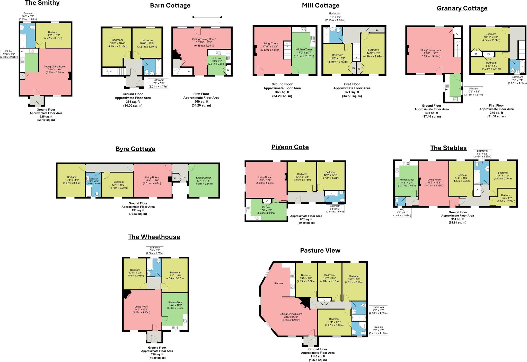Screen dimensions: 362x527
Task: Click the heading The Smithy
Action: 42,3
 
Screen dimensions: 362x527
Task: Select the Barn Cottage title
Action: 170,6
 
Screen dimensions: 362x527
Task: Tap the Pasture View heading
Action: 320,251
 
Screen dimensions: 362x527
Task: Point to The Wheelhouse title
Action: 154,237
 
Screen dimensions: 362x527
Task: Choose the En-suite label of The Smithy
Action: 28,16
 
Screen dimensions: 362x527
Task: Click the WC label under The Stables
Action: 402,212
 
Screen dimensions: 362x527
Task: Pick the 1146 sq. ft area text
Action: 318,356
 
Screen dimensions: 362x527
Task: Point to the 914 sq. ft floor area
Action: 458,219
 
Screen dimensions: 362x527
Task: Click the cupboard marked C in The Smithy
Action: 23,76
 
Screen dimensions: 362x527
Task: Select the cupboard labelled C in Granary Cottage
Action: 457,34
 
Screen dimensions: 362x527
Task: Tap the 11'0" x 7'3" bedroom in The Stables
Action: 506,198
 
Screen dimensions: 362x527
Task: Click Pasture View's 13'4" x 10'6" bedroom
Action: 334,322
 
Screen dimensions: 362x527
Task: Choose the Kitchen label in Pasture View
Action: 278,283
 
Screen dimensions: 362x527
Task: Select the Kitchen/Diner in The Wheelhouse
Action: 175,305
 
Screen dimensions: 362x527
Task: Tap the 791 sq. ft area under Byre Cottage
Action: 138,210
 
